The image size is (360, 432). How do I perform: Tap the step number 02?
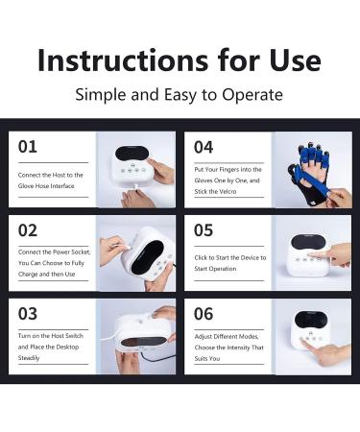click(x=29, y=231)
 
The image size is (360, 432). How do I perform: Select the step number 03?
click(x=29, y=314)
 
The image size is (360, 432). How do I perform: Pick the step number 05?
click(x=204, y=231)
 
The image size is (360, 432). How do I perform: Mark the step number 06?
click(x=204, y=314)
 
